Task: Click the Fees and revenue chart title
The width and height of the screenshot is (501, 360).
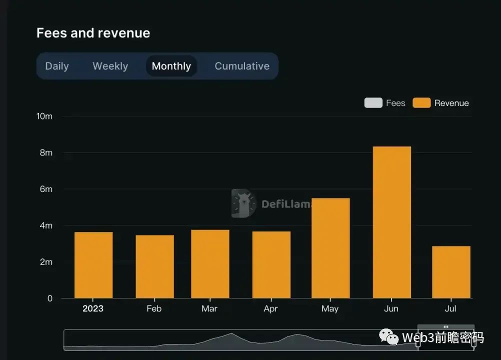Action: click(93, 33)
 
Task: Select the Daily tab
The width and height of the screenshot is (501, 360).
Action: click(57, 66)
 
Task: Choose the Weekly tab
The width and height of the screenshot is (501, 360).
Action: click(110, 66)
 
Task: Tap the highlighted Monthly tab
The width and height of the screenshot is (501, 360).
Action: click(171, 66)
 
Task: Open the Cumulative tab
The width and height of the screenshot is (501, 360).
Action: click(242, 66)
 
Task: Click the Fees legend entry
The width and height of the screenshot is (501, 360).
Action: click(385, 103)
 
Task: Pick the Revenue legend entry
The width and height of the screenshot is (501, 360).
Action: click(441, 103)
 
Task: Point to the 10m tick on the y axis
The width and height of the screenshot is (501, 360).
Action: click(44, 116)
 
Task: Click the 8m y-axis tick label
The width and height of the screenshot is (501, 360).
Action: click(46, 152)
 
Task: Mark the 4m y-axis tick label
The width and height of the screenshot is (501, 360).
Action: click(46, 225)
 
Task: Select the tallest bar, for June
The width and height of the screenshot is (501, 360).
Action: click(392, 222)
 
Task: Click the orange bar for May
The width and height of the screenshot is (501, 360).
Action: click(330, 248)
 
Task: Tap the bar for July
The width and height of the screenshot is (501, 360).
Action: click(451, 272)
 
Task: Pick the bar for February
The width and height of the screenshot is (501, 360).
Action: click(154, 267)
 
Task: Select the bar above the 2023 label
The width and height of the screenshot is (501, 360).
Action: click(93, 265)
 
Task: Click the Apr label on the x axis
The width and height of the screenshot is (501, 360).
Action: click(270, 308)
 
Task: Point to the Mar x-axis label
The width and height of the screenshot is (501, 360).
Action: click(209, 308)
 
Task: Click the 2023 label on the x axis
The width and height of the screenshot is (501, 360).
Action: click(93, 308)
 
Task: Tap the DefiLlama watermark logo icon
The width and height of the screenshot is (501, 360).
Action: click(244, 203)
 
